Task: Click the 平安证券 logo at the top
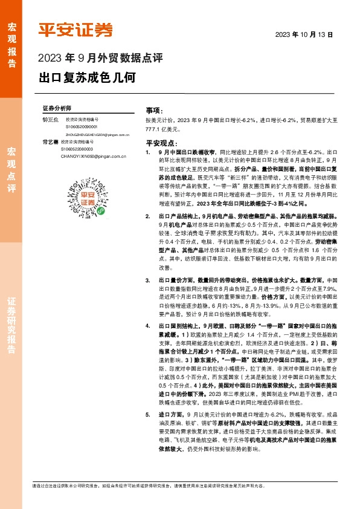(76, 30)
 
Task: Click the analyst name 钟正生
(50, 120)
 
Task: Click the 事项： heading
(154, 112)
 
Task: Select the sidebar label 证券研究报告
(11, 326)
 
